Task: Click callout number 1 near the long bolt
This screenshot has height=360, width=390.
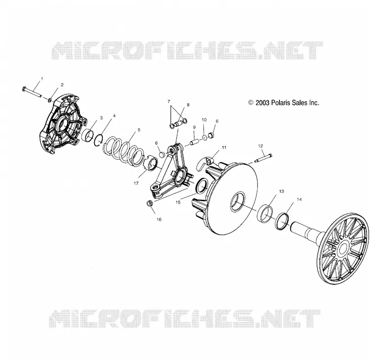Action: coord(42,79)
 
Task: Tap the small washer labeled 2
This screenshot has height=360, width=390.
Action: coord(50,100)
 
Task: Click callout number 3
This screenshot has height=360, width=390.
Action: coord(101,117)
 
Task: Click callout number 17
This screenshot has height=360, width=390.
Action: coord(136,184)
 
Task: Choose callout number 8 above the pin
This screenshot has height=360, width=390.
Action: coord(188,105)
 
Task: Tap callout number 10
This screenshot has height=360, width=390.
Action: coord(204,120)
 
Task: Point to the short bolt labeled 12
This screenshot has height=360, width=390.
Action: coord(263,158)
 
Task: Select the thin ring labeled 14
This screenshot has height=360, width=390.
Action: coord(283,221)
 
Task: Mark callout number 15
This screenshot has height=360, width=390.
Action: coord(178,202)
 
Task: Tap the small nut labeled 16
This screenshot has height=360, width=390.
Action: coord(150,203)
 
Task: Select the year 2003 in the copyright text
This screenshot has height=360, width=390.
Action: coord(263,102)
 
